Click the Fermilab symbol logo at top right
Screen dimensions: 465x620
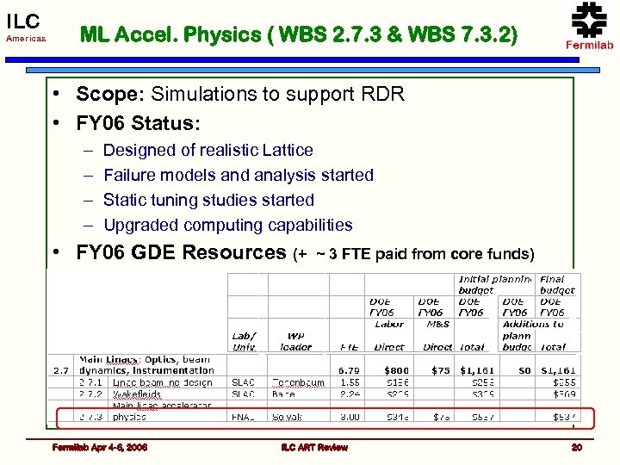tap(589, 21)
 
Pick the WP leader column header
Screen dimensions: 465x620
tap(294, 342)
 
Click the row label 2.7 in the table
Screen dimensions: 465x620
tap(60, 370)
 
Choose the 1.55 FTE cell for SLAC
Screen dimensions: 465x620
tap(349, 381)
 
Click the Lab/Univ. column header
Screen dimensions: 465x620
tap(245, 342)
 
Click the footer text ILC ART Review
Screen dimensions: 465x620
tap(314, 447)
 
